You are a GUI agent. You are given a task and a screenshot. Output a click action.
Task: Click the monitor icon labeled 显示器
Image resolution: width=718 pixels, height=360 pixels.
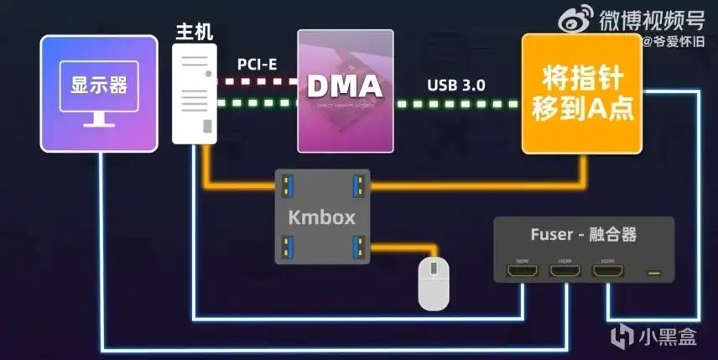[99, 93]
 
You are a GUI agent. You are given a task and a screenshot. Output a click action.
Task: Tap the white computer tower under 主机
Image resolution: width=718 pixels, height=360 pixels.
[195, 92]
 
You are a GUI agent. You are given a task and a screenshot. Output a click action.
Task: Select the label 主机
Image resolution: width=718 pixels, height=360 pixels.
[194, 32]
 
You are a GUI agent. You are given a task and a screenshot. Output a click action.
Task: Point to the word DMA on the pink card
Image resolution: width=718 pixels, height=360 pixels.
[345, 87]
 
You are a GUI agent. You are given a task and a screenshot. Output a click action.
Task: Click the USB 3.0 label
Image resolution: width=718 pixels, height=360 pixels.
[455, 86]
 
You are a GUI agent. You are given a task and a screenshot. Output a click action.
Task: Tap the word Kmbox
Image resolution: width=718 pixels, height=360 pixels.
[322, 218]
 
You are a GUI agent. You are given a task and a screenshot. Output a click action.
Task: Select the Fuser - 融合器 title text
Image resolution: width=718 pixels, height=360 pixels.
[578, 235]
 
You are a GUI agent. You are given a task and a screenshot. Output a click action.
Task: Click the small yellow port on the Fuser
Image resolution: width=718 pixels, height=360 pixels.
[653, 272]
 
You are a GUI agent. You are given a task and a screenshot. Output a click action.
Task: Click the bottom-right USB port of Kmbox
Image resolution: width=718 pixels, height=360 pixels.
[357, 247]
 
